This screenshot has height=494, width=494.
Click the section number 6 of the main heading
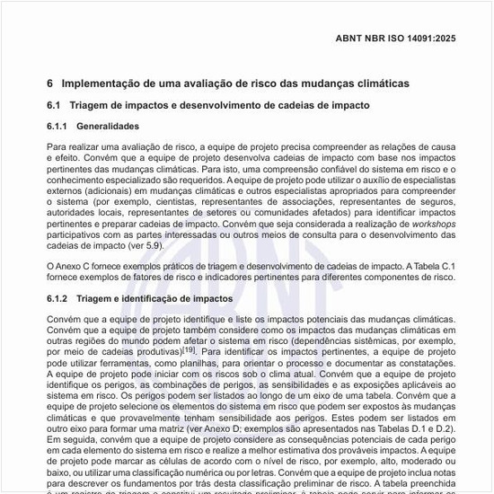[50, 83]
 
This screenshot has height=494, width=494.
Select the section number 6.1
[55, 105]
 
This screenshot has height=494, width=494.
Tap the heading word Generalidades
[108, 127]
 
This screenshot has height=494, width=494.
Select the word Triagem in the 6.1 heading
[93, 105]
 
